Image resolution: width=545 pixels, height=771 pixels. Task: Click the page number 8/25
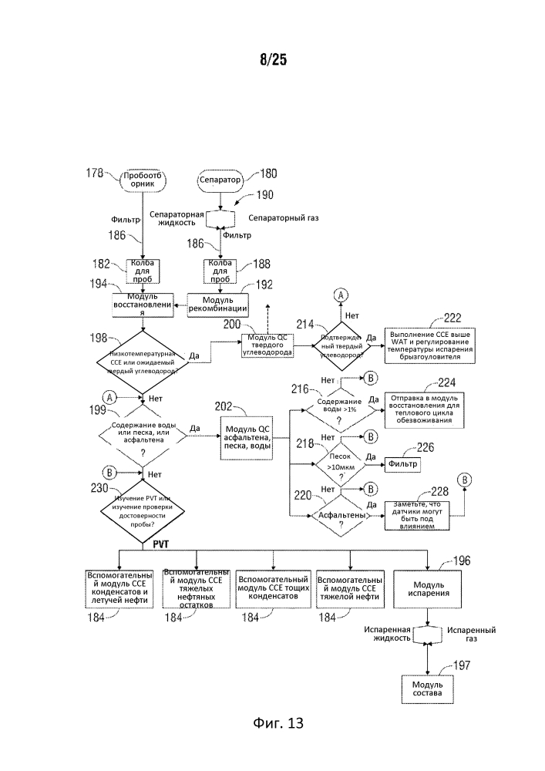(272, 60)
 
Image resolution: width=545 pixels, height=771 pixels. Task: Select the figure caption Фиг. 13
(278, 722)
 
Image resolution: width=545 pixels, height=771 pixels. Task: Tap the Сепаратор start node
(220, 180)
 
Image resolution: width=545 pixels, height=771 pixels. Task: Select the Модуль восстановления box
(142, 305)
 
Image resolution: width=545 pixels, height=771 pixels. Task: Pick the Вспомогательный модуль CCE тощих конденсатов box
(274, 588)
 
